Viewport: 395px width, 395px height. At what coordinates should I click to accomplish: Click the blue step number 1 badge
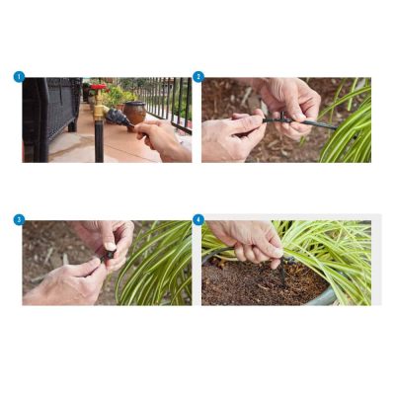coord(19,77)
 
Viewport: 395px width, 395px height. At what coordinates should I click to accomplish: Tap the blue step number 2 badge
coord(198,77)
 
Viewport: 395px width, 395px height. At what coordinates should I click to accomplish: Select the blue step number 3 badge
coord(19,219)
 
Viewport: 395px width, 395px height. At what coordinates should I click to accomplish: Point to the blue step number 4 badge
coord(198,219)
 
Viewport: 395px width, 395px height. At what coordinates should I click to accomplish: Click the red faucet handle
coord(99,87)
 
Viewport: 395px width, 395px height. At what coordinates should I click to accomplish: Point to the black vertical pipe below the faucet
coord(99,141)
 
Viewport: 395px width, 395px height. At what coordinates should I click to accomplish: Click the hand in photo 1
coord(164,140)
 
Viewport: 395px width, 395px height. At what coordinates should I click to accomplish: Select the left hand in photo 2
coord(233,135)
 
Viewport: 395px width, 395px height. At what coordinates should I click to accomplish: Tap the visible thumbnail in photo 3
coord(110,246)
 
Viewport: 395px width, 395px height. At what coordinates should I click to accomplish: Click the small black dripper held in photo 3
coord(109,256)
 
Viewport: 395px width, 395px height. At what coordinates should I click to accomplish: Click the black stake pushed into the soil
coord(282,271)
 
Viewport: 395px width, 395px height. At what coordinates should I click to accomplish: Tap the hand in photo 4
coord(249,240)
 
